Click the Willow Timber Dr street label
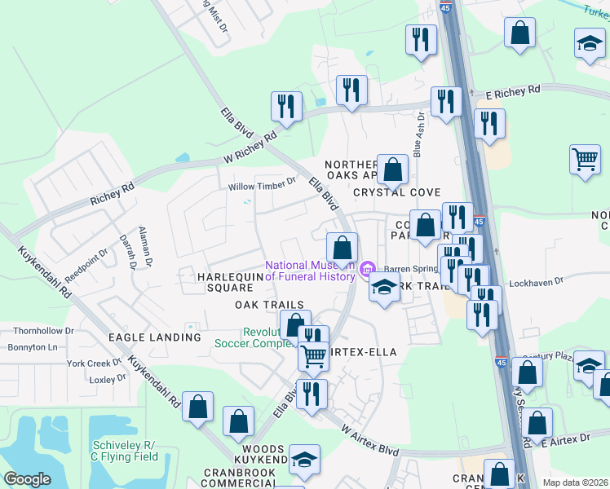pyautogui.click(x=262, y=186)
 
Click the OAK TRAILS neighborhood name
pyautogui.click(x=269, y=305)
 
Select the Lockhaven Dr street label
pyautogui.click(x=535, y=284)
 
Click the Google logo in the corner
pyautogui.click(x=27, y=479)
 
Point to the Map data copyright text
pyautogui.click(x=575, y=482)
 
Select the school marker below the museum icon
pyautogui.click(x=384, y=287)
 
